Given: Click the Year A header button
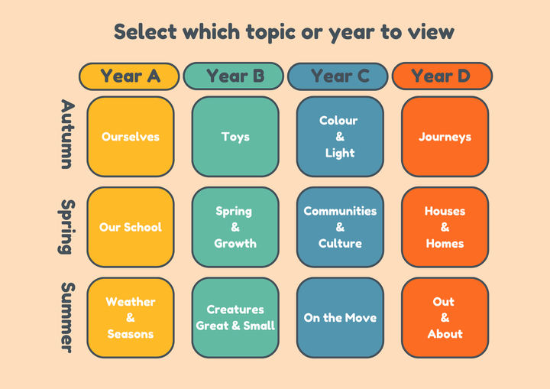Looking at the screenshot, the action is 129,76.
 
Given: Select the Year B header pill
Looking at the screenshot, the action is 234,76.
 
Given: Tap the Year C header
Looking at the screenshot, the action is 338,76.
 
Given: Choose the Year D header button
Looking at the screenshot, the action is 442,76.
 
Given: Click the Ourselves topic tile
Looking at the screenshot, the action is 131,137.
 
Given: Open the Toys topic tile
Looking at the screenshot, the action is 235,137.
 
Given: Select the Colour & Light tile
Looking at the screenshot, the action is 340,137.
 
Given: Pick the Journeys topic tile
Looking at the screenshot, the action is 445,137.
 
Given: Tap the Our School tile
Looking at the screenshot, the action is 131,227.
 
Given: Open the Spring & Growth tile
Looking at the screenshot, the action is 235,227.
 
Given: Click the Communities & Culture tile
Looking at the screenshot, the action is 340,227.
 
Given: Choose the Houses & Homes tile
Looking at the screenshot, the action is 445,227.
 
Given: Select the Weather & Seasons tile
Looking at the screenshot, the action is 131,318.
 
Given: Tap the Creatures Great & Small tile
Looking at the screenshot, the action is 235,318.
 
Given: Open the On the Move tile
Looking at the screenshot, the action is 340,318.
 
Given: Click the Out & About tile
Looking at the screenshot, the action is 445,318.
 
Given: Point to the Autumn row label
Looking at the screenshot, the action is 66,134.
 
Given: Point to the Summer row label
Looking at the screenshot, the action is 67,318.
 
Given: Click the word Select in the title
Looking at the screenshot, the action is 146,31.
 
